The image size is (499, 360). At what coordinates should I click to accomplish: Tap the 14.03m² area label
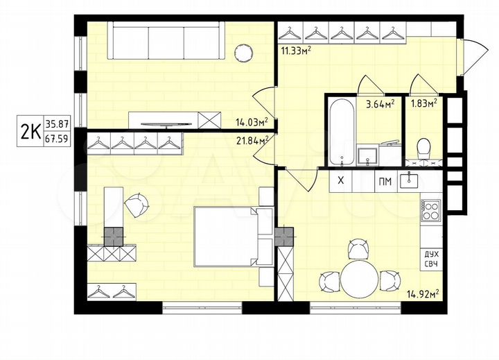(x=252, y=123)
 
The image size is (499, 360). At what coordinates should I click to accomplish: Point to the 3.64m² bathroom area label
(x=380, y=105)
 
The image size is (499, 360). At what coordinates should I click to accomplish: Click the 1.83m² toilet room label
(x=423, y=105)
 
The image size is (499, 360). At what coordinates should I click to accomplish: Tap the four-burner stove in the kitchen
(x=430, y=209)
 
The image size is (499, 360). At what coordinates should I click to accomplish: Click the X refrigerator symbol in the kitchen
(x=340, y=182)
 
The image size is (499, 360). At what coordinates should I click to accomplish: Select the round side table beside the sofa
(x=243, y=52)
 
